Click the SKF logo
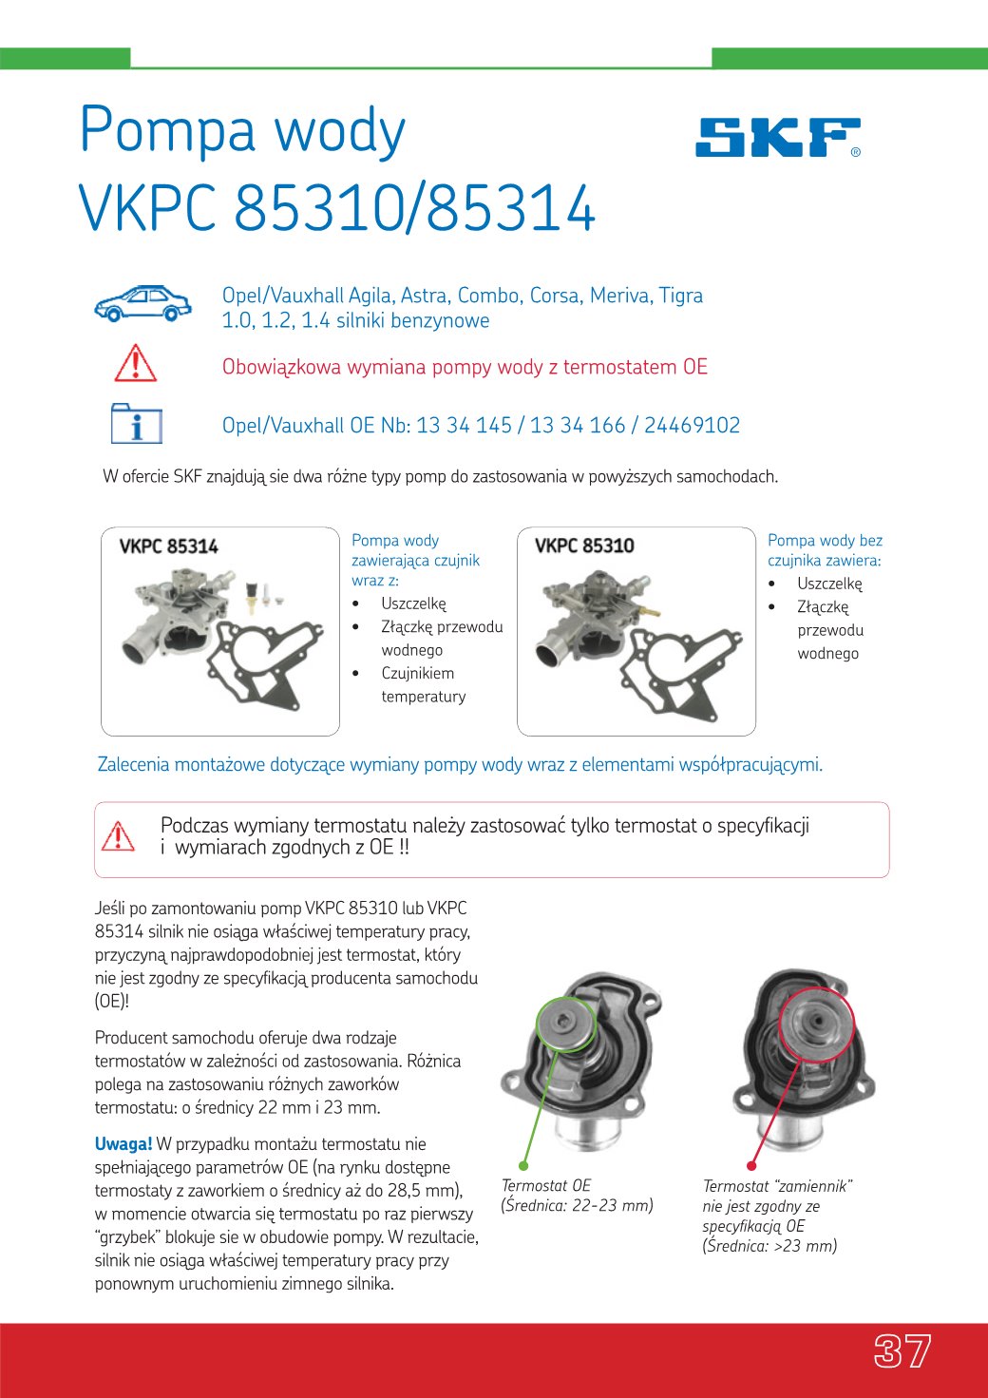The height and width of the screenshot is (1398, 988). point(777,138)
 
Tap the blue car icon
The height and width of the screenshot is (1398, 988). point(142,303)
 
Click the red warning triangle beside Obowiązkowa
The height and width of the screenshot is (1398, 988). point(136,364)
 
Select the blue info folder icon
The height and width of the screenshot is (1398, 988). point(137,424)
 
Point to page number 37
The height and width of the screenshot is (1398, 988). point(902,1350)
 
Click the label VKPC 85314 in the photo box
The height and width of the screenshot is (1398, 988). point(168,546)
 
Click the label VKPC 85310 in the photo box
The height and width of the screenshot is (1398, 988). point(584,546)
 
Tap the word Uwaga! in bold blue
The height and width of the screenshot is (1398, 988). point(123,1144)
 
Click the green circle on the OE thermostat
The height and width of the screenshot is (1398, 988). point(565,1023)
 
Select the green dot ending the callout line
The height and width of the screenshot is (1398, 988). point(523,1165)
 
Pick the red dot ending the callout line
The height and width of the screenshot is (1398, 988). point(751,1165)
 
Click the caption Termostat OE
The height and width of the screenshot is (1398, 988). point(546,1186)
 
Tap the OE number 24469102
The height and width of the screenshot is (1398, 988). point(692,426)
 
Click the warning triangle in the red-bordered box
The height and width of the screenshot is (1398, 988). point(118,836)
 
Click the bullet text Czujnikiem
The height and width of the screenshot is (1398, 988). point(417,674)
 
